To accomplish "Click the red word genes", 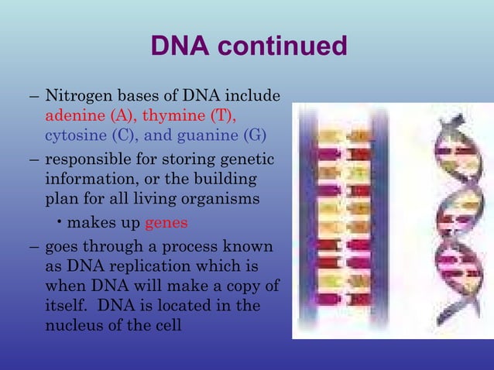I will [166, 222].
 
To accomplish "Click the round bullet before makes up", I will [60, 222].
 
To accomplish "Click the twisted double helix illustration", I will [450, 221].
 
